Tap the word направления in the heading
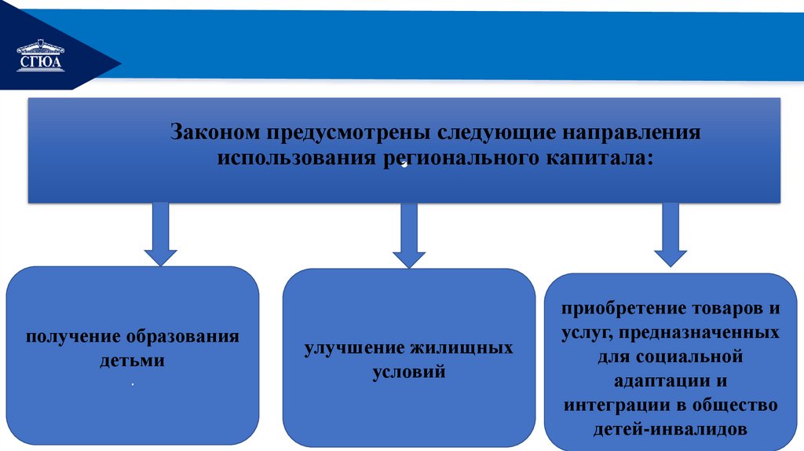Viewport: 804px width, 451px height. tap(628, 131)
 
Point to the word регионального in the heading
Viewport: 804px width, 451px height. tap(446, 157)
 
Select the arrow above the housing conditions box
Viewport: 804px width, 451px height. tap(408, 235)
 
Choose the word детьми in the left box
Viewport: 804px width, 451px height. tap(133, 361)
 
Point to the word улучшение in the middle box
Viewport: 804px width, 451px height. tap(352, 347)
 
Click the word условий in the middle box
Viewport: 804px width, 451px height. tap(409, 372)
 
